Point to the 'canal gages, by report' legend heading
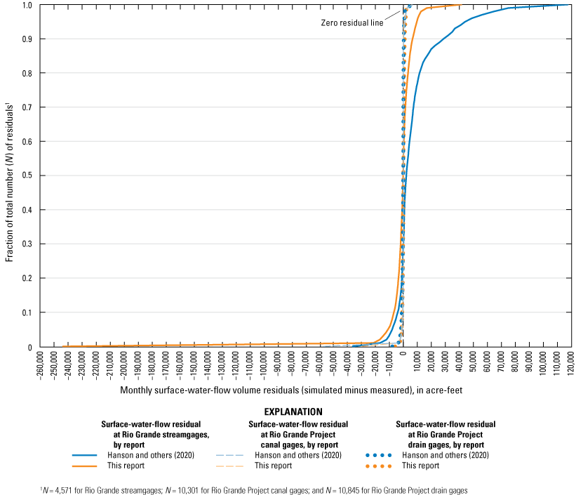[298, 434]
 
